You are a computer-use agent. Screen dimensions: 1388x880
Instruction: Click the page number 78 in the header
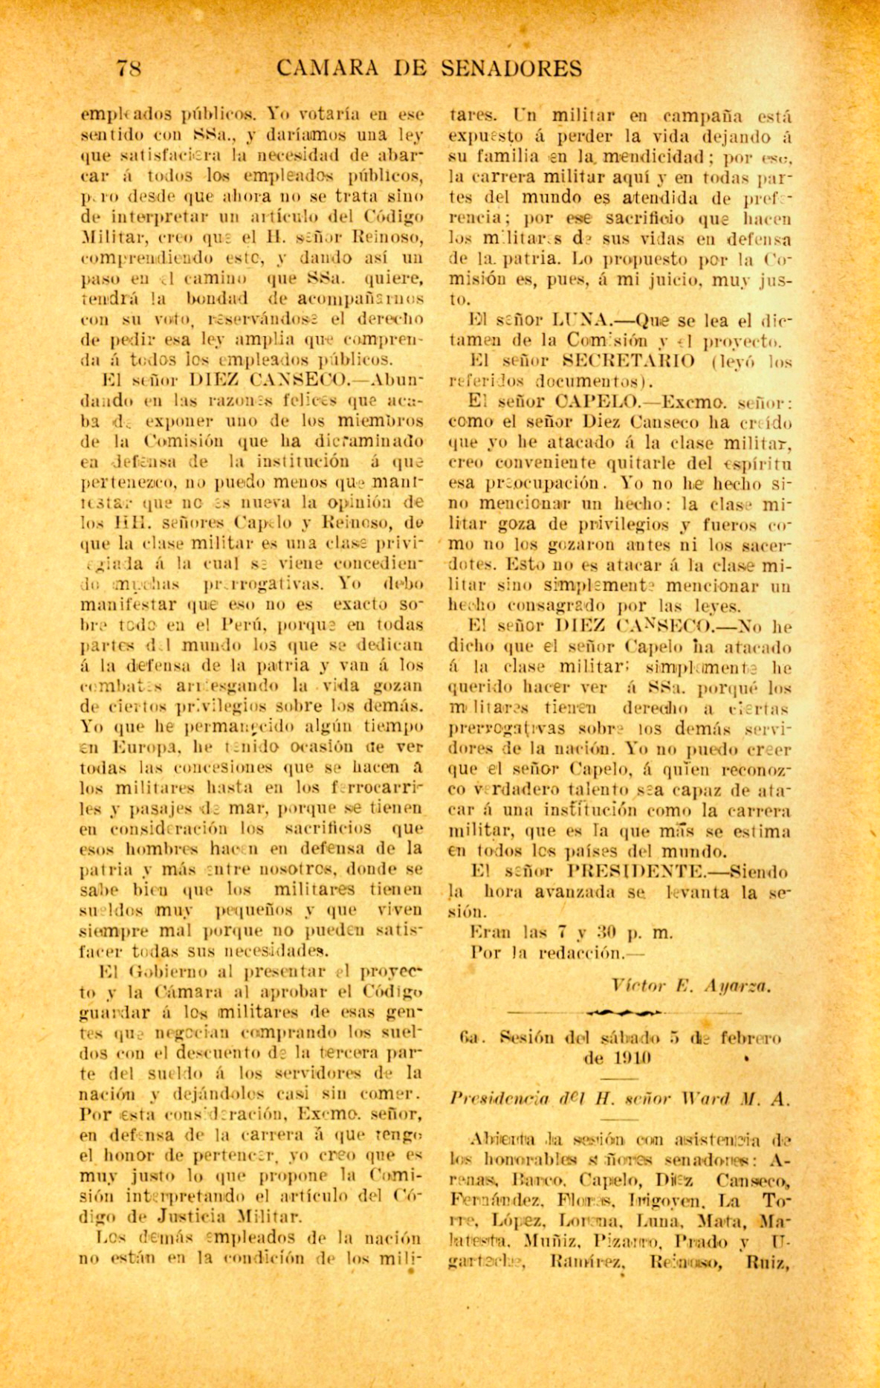[x=129, y=69]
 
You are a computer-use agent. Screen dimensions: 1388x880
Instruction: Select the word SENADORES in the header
[x=511, y=69]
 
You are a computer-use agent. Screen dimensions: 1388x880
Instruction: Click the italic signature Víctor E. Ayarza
[x=691, y=987]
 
